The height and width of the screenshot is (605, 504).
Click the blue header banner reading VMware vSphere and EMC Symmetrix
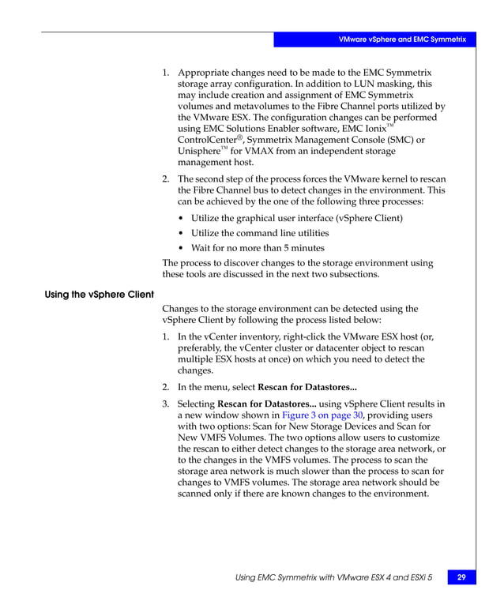point(402,39)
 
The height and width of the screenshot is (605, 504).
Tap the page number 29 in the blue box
point(461,578)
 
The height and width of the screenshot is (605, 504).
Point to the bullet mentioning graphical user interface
point(296,217)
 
